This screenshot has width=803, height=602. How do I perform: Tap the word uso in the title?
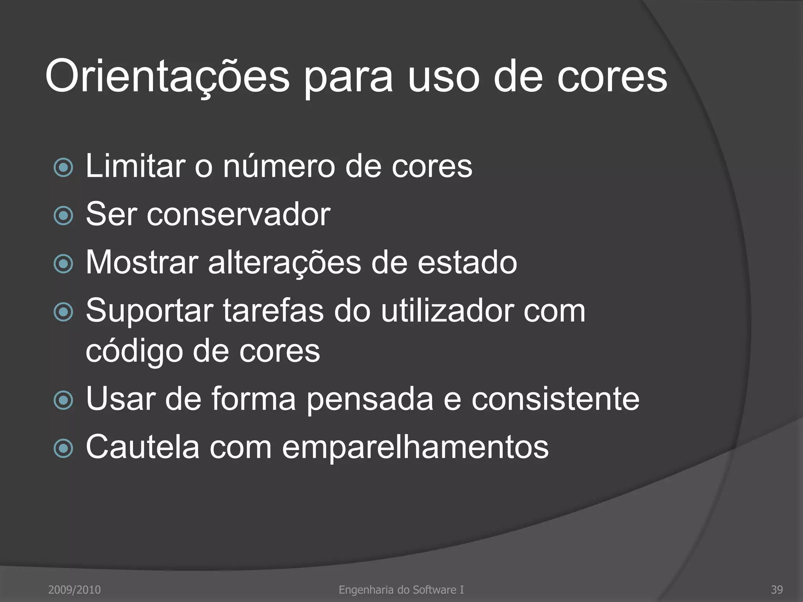pyautogui.click(x=443, y=76)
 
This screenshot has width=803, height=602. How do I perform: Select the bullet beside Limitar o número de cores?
pyautogui.click(x=63, y=168)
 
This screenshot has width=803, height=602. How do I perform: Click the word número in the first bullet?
pyautogui.click(x=279, y=166)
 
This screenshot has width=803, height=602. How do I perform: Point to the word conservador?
pyautogui.click(x=238, y=214)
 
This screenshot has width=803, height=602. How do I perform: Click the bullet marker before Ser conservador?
pyautogui.click(x=63, y=216)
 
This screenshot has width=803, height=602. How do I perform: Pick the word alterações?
pyautogui.click(x=284, y=263)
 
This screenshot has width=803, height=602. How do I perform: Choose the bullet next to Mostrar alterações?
pyautogui.click(x=63, y=264)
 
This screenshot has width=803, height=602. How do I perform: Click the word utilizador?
pyautogui.click(x=447, y=311)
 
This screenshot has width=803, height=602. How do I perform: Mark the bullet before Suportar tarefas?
pyautogui.click(x=63, y=312)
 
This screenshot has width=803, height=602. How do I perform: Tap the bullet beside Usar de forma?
pyautogui.click(x=63, y=401)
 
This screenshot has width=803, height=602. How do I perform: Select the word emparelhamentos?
pyautogui.click(x=415, y=447)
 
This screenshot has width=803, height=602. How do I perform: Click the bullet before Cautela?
pyautogui.click(x=63, y=449)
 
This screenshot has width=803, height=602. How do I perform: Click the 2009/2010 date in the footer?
pyautogui.click(x=74, y=590)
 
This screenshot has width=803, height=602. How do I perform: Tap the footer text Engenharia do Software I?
pyautogui.click(x=401, y=590)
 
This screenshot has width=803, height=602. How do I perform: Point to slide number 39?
pyautogui.click(x=777, y=590)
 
